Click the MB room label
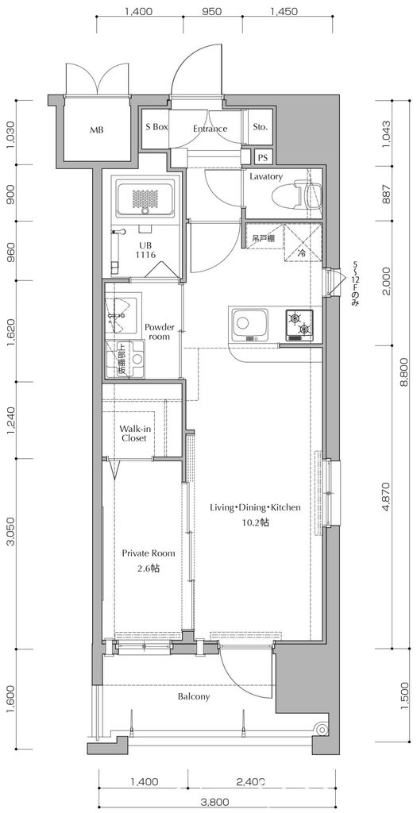(x=96, y=129)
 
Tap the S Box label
(x=156, y=127)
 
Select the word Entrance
(x=210, y=129)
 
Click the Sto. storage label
(x=260, y=127)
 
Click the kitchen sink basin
(x=251, y=324)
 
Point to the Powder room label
(x=159, y=332)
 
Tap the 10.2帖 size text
(x=254, y=522)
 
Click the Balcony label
(x=194, y=697)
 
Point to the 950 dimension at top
(x=210, y=13)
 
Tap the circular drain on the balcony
(x=321, y=730)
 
